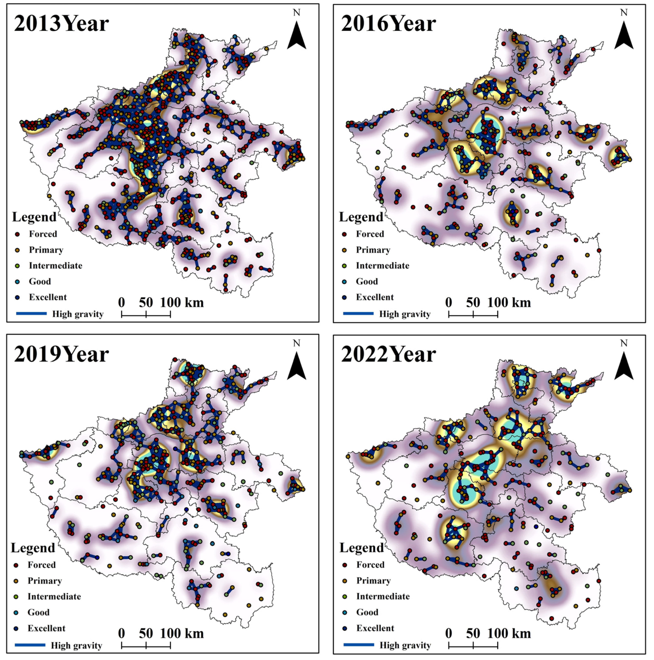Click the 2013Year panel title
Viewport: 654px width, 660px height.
point(61,24)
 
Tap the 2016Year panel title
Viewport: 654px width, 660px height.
point(388,24)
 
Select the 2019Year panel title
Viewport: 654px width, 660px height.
point(61,355)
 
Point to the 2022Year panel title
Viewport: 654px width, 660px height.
point(388,355)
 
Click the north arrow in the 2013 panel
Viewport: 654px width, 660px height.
point(296,36)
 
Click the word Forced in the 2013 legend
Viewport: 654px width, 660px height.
point(43,234)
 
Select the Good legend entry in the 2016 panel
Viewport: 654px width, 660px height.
point(367,282)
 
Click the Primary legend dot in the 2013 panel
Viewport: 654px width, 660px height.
point(17,250)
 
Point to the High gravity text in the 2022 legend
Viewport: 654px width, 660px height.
point(405,645)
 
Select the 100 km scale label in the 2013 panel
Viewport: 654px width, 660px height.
point(182,303)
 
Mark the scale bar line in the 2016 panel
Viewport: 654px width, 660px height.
point(473,315)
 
